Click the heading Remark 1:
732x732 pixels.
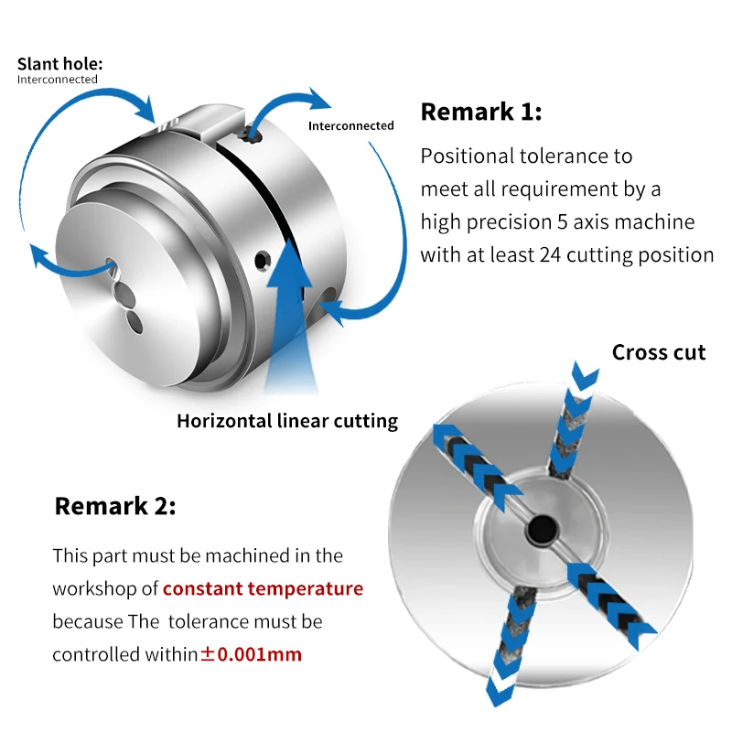(x=480, y=113)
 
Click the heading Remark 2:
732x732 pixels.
(x=115, y=505)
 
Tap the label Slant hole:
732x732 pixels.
(x=60, y=64)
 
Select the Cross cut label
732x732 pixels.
(x=659, y=352)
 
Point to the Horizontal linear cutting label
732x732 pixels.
(x=287, y=421)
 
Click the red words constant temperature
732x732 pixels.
(x=263, y=588)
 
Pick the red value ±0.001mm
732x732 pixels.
(x=251, y=654)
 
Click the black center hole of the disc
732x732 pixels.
(x=538, y=528)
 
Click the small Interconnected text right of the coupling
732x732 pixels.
(x=350, y=125)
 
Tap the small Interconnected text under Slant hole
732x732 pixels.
(x=57, y=80)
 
